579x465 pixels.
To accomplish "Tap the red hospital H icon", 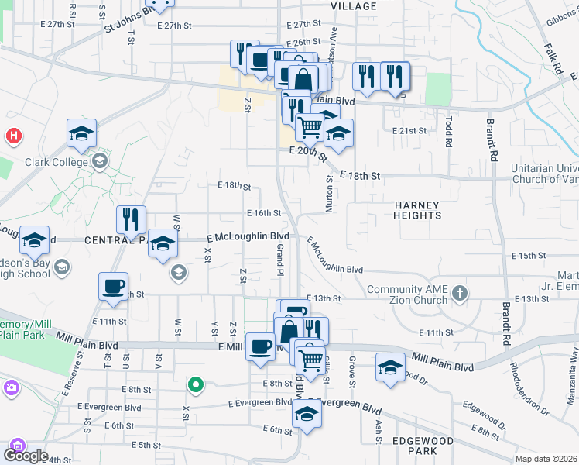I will pos(13,136).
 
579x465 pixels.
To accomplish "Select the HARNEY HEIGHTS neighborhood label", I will pos(416,211).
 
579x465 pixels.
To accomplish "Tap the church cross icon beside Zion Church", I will pos(461,293).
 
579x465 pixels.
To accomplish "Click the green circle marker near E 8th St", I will pos(197,384).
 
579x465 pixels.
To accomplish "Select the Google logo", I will pos(26,456).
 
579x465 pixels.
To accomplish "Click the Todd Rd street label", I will pos(448,131).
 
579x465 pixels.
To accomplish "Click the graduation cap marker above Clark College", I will pos(81,134).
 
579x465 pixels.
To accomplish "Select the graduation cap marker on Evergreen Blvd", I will pos(307,415).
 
